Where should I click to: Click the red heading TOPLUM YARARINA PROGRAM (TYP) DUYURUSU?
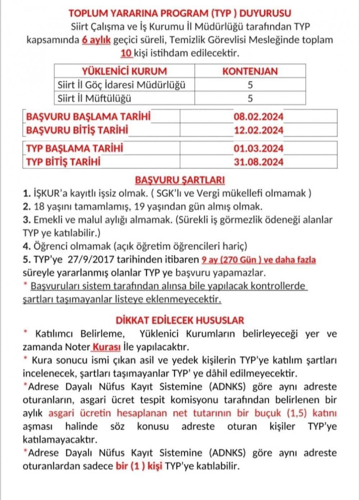click(180, 13)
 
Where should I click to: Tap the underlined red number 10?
click(126, 53)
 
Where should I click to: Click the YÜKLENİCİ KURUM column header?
click(124, 71)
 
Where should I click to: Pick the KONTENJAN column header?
click(250, 71)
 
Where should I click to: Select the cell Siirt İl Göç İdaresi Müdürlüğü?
click(122, 85)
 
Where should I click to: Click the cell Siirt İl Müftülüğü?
click(95, 98)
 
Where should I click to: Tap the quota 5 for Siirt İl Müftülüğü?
click(250, 98)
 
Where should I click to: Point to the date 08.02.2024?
click(258, 117)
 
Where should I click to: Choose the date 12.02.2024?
click(258, 130)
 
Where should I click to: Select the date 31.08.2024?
click(258, 162)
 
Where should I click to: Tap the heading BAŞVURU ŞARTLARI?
click(180, 180)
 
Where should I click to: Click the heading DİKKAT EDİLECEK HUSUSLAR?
click(180, 320)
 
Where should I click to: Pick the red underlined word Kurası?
click(106, 347)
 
